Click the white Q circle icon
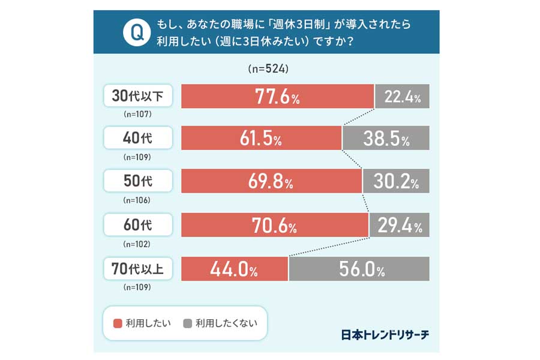[136, 32]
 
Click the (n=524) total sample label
[268, 69]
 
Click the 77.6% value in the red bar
[277, 97]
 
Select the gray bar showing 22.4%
[402, 97]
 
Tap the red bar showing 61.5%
[261, 138]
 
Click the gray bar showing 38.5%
[386, 138]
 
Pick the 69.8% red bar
[271, 181]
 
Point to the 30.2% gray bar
[396, 181]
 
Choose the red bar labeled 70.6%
[274, 225]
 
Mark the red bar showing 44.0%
[235, 269]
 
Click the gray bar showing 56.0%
[359, 269]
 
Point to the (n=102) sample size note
[137, 244]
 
